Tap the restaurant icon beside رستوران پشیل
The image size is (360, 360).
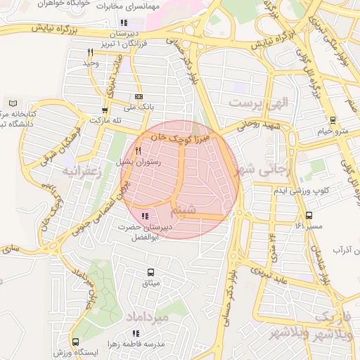(x=138, y=150)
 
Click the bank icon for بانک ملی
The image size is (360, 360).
(x=139, y=96)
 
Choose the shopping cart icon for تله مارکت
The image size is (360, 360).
(x=105, y=110)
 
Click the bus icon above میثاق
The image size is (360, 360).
(x=150, y=272)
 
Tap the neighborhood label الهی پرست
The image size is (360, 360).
(x=259, y=102)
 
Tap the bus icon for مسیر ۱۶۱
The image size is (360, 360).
(x=309, y=215)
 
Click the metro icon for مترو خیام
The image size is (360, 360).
(x=333, y=120)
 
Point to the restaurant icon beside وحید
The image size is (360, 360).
(x=90, y=53)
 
